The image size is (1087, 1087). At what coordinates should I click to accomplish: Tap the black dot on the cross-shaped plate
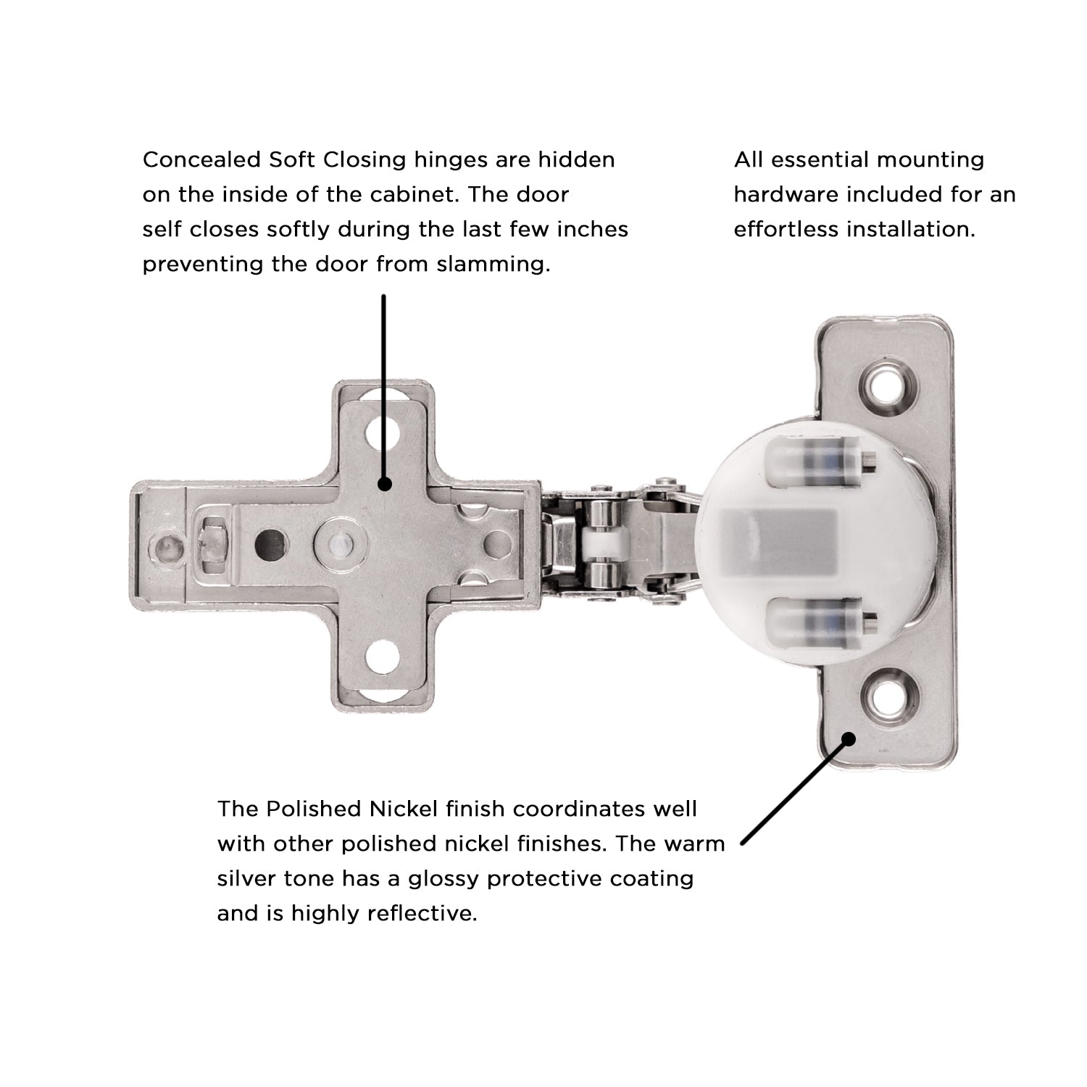coord(385,484)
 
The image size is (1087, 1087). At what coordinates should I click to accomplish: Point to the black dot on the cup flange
coord(849,738)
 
